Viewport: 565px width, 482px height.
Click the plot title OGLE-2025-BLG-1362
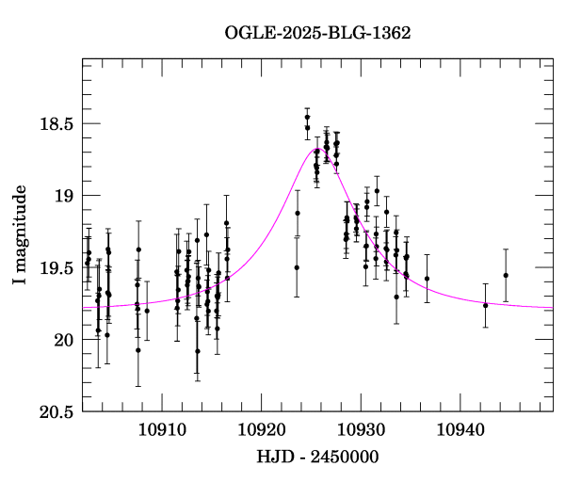(x=317, y=33)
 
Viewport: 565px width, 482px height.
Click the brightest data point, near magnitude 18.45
(x=307, y=117)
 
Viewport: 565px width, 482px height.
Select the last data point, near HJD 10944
(x=506, y=275)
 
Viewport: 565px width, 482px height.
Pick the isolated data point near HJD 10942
(x=486, y=305)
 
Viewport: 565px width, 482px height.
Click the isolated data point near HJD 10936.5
(x=427, y=279)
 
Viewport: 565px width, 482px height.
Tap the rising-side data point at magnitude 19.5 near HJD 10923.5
(x=297, y=267)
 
